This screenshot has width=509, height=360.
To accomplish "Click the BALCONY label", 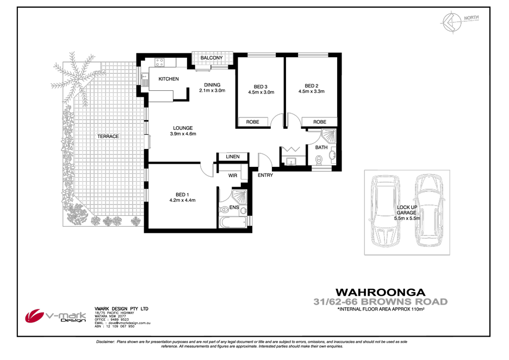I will click(x=212, y=58).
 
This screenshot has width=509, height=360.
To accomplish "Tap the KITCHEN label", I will click(x=168, y=79).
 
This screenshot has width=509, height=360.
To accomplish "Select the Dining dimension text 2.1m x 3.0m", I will click(x=212, y=91).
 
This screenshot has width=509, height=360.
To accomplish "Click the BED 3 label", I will click(x=260, y=86).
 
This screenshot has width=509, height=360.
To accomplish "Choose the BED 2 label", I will click(x=311, y=85).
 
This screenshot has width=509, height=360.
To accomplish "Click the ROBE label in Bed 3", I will click(x=253, y=122).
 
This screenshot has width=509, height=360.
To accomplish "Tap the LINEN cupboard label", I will click(x=233, y=157).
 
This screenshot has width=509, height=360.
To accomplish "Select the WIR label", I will click(x=233, y=175).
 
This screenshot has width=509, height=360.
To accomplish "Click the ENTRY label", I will click(x=265, y=175).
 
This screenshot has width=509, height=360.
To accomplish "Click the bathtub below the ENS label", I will click(x=232, y=222).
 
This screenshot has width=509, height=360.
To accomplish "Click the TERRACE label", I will click(x=108, y=136).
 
